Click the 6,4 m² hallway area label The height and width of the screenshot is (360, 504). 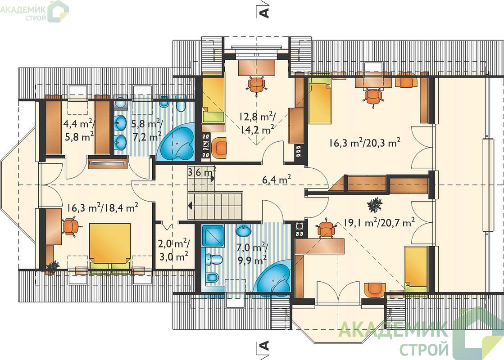click(x=277, y=180)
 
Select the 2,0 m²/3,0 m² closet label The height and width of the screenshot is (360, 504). click(x=174, y=250)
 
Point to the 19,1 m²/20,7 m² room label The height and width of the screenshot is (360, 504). click(x=379, y=222)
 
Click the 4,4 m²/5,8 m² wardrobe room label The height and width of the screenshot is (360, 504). click(x=79, y=130)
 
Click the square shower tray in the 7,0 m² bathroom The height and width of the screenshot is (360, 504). click(x=213, y=236)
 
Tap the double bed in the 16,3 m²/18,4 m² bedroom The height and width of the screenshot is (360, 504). click(x=110, y=246)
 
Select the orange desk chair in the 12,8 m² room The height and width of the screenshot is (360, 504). click(x=257, y=85)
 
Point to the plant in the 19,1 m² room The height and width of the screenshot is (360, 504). click(x=375, y=204)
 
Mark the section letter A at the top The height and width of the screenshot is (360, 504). click(x=263, y=13)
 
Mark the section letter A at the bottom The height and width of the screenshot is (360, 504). click(x=263, y=346)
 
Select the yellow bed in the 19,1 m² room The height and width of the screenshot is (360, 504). click(x=416, y=269)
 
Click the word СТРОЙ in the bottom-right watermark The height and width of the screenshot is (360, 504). click(x=424, y=348)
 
